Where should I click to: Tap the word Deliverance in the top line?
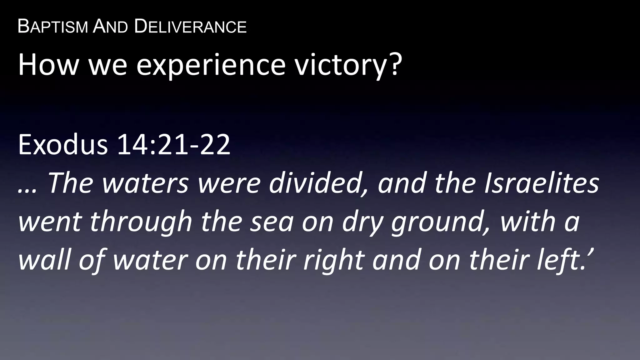point(190,27)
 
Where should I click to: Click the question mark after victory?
point(393,64)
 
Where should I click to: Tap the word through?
point(141,222)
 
